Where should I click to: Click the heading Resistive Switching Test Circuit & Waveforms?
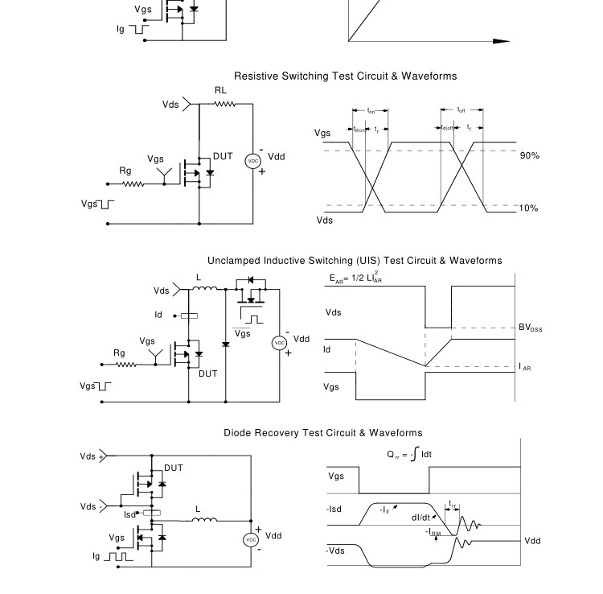pos(345,76)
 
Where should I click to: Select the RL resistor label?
pos(220,91)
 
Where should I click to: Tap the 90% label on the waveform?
pos(529,155)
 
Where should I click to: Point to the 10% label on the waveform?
pos(528,208)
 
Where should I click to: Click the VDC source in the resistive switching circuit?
pos(253,161)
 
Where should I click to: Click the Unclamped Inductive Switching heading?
pos(355,261)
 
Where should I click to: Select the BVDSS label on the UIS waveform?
pos(530,328)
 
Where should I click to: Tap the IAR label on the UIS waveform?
pos(525,367)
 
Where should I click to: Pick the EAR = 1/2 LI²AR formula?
pos(355,278)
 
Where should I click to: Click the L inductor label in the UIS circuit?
pos(199,278)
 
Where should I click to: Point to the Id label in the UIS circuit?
pos(159,315)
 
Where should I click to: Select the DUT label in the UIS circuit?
pos(208,373)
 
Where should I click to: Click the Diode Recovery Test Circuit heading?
pos(322,433)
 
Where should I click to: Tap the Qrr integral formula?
pos(409,455)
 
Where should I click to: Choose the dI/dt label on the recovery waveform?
pos(421,518)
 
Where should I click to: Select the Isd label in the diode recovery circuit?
pos(130,514)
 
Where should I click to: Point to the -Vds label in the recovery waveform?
pos(338,551)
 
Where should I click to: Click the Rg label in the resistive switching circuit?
pos(125,171)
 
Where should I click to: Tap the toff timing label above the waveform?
pos(461,109)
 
